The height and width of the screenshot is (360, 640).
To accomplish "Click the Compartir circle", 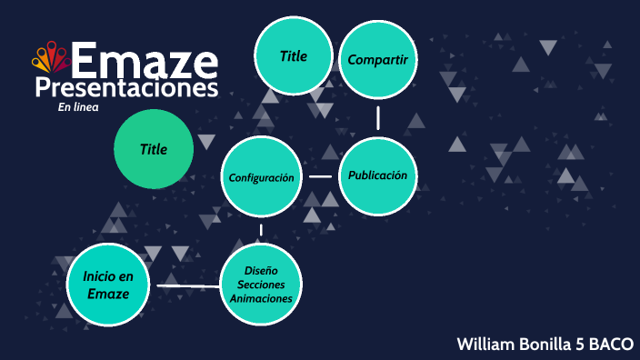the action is pos(377,60).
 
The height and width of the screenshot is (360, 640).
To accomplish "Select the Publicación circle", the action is pos(377,175).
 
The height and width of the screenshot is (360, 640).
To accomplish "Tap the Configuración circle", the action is pos(261,177).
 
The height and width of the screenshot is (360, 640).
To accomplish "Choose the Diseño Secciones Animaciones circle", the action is pos(261,285).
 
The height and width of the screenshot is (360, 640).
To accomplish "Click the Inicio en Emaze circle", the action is pos(107,285).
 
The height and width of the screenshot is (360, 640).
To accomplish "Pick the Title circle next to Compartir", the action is pos(293,56).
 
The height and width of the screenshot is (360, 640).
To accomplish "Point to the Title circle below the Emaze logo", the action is pos(154,149).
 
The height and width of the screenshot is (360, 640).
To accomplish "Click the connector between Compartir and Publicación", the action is pos(377,117).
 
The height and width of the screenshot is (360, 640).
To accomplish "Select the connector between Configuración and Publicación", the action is pos(320,176).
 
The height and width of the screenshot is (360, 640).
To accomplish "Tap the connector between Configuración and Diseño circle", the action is pos(261,230).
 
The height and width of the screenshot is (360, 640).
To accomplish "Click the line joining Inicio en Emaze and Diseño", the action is pos(188,286).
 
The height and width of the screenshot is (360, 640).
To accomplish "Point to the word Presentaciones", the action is pos(126,88).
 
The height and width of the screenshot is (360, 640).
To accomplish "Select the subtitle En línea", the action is pos(77,107).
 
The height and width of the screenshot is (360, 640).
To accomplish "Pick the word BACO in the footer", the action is pos(610,344).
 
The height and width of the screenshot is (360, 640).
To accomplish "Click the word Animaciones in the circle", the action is pos(261,298).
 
